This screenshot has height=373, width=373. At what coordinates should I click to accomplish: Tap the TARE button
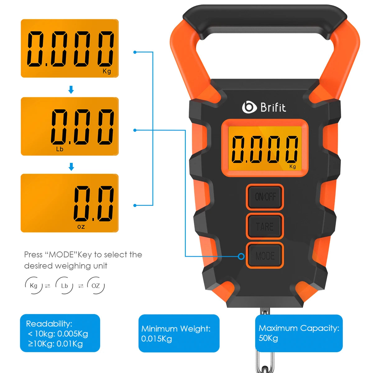pyautogui.click(x=265, y=226)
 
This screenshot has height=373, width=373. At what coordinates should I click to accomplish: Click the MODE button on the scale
pyautogui.click(x=265, y=256)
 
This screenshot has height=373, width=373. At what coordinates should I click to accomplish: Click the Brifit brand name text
pyautogui.click(x=273, y=108)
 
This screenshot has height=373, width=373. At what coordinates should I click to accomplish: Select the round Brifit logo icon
pyautogui.click(x=249, y=107)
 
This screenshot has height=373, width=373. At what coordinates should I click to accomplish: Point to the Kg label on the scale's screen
pyautogui.click(x=292, y=167)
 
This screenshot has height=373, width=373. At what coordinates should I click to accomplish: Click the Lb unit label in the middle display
pyautogui.click(x=60, y=149)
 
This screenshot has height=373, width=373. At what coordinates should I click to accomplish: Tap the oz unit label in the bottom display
pyautogui.click(x=81, y=227)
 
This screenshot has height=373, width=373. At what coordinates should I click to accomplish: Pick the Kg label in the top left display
pyautogui.click(x=107, y=71)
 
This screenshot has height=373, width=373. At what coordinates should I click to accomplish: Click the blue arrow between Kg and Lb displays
pyautogui.click(x=71, y=90)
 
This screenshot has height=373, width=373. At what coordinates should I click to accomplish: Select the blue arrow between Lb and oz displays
pyautogui.click(x=71, y=167)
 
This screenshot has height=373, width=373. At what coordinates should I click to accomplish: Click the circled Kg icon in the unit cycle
pyautogui.click(x=34, y=285)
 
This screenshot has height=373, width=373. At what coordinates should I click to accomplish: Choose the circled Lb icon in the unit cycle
pyautogui.click(x=64, y=285)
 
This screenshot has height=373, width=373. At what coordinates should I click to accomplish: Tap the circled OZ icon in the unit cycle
pyautogui.click(x=96, y=285)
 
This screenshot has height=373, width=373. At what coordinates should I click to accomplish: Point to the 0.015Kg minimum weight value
pyautogui.click(x=156, y=339)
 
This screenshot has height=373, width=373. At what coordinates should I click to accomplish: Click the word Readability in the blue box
pyautogui.click(x=49, y=324)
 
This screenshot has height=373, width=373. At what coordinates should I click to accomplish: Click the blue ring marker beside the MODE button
pyautogui.click(x=241, y=256)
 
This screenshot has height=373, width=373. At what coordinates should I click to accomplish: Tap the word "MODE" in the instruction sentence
pyautogui.click(x=61, y=255)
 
